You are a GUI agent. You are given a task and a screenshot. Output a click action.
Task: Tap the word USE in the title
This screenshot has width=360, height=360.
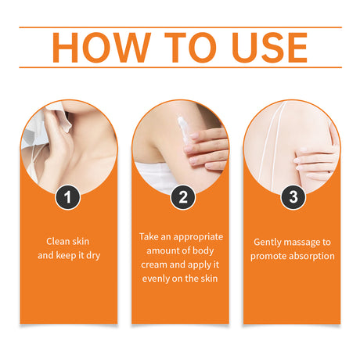point(270,48)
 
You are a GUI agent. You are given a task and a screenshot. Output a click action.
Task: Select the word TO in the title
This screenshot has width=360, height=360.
point(191,48)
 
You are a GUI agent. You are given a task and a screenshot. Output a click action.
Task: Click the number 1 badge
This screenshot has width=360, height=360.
point(67,197)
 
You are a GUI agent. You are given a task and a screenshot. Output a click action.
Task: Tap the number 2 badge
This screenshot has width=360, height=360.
point(183,197)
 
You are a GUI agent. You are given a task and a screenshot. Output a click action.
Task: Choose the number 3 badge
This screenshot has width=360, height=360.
point(293,197)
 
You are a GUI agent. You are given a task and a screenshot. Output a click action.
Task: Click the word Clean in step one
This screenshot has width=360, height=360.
point(56,241)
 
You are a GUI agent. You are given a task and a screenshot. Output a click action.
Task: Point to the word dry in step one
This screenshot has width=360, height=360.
point(93,256)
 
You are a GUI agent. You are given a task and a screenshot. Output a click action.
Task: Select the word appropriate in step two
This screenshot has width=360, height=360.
point(198,237)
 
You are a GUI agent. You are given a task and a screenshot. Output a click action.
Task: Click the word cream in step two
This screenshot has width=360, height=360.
point(154,265)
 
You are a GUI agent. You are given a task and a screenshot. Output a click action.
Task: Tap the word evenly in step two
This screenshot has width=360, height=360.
point(156,279)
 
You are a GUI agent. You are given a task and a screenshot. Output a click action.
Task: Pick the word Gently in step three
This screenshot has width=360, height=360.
point(268,243)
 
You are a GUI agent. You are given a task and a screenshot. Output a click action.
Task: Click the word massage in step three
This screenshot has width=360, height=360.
point(302,243)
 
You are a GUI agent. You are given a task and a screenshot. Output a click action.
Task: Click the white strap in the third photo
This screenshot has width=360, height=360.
point(270,146)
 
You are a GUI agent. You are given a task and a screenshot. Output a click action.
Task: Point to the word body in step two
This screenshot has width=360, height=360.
point(203,251)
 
